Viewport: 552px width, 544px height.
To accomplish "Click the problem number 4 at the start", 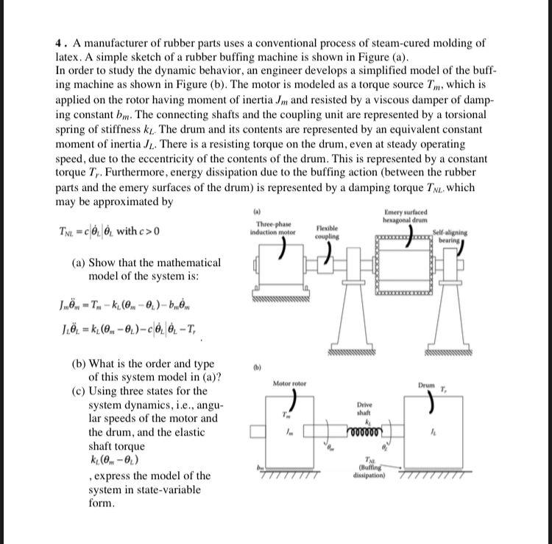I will coord(59,43).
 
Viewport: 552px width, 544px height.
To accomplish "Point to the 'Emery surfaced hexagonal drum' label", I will coord(405,217).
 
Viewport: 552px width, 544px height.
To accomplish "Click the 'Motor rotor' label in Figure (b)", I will coord(289,384).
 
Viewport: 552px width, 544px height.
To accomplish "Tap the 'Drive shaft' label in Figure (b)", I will coord(364,410).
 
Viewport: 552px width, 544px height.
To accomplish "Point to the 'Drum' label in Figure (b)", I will coord(427,385).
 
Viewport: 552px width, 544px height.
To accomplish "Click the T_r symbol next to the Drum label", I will coord(444,387).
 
